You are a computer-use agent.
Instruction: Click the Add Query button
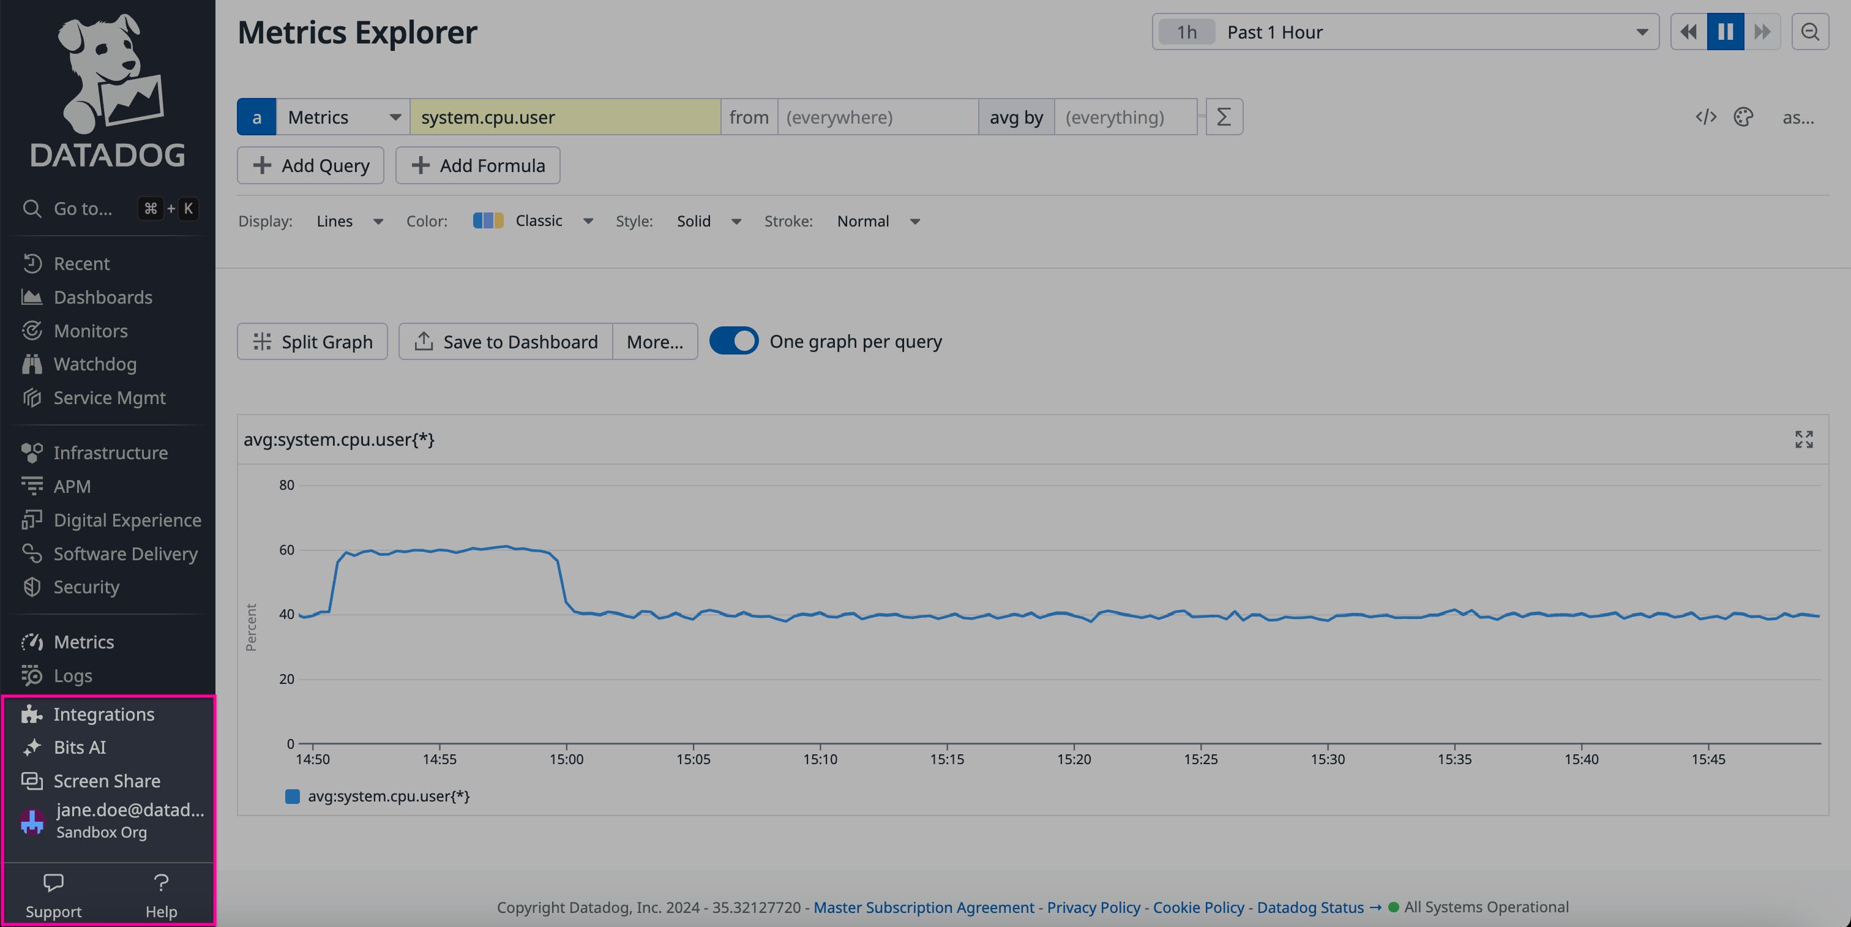[x=310, y=165]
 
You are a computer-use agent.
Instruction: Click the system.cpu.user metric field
[x=565, y=117]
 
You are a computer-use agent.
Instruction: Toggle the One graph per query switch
[x=734, y=341]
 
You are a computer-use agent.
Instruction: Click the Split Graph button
[x=313, y=341]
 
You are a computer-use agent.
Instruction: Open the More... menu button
[x=654, y=341]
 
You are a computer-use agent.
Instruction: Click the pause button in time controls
[x=1726, y=32]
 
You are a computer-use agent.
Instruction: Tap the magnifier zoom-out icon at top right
[x=1809, y=32]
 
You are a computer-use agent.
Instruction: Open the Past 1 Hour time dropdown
[x=1405, y=32]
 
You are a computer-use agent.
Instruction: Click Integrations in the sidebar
[x=103, y=713]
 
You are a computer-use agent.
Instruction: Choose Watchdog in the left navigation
[x=95, y=364]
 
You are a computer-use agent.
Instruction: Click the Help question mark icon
[x=161, y=882]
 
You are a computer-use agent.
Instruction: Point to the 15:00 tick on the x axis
[x=566, y=759]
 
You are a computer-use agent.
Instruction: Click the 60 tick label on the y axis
[x=286, y=550]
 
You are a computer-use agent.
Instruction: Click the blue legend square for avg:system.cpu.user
[x=293, y=796]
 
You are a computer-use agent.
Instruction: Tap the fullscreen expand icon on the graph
[x=1804, y=439]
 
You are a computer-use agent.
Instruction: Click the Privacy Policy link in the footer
[x=1093, y=907]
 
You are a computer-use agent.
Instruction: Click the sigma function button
[x=1224, y=117]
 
